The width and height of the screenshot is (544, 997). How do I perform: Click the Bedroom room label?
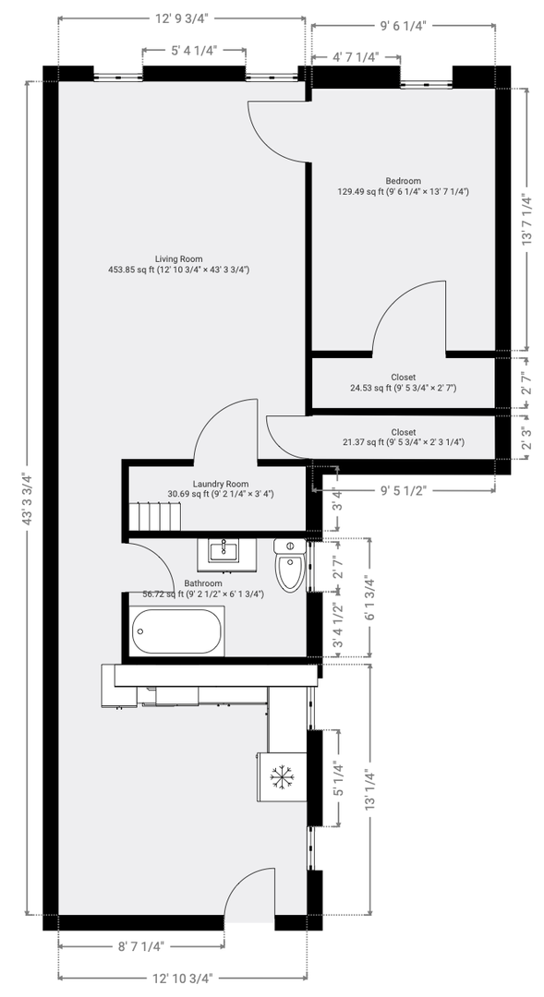click(x=403, y=181)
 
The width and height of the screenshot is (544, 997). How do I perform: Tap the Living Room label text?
click(x=179, y=258)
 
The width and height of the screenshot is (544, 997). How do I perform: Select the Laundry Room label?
click(x=221, y=483)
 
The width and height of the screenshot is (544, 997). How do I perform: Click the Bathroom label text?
click(x=203, y=583)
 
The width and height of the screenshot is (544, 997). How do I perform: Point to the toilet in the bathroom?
click(x=289, y=565)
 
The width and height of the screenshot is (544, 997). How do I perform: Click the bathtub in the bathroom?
click(x=177, y=631)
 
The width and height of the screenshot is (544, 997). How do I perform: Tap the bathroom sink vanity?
click(x=226, y=555)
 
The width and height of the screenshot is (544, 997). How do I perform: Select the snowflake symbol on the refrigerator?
click(x=280, y=777)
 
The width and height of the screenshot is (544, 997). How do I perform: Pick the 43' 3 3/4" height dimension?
click(x=28, y=498)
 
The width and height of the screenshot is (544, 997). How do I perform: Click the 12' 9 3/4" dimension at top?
click(x=183, y=18)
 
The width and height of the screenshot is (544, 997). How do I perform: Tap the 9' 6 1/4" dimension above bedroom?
click(x=403, y=26)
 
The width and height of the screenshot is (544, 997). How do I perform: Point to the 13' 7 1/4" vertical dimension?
click(x=526, y=220)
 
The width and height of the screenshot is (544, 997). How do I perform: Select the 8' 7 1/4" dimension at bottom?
click(x=141, y=946)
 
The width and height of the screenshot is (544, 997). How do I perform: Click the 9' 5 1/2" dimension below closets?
click(x=403, y=490)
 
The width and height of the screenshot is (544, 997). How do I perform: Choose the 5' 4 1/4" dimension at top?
click(x=194, y=50)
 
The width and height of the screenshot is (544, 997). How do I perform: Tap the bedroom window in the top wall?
click(x=427, y=83)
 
